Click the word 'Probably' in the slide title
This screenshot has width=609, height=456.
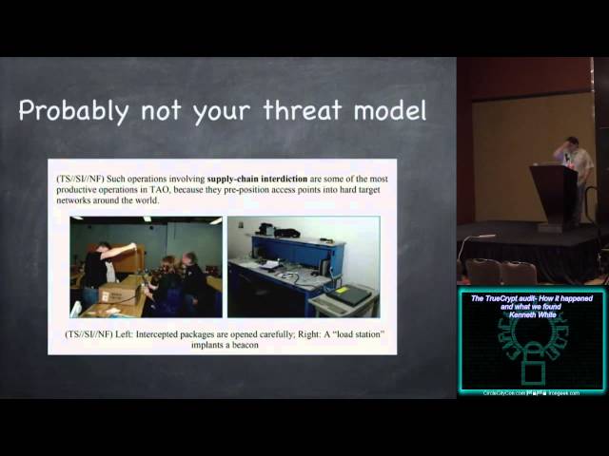(x=72, y=110)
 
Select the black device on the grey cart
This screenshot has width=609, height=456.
(x=349, y=294)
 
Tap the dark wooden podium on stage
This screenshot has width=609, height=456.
(x=557, y=195)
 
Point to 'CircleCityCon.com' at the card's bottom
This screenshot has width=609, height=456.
(x=505, y=391)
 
